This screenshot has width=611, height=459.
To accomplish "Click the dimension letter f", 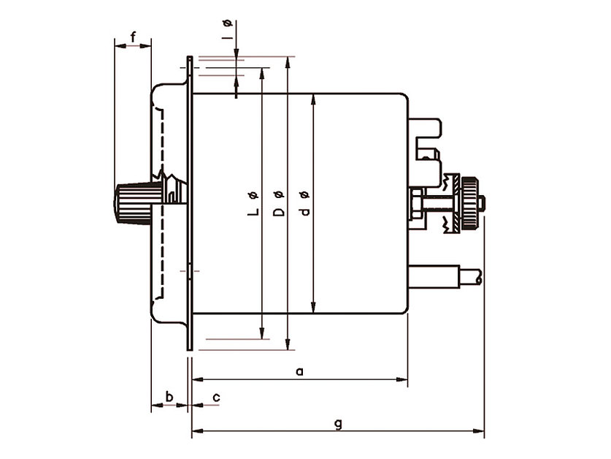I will point(133,36).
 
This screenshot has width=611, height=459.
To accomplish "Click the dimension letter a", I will point(299,371).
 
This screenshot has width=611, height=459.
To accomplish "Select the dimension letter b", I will point(169,396).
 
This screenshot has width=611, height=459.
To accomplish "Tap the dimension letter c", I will point(216,397).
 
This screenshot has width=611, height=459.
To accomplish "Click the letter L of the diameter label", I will point(253,211).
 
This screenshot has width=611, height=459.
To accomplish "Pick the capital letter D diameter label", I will point(278,212).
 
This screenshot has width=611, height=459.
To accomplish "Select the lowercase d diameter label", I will point(304,212).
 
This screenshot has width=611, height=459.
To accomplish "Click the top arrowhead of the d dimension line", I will point(313,97).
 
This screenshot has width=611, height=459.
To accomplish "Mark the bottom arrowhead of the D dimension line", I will point(288,344).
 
